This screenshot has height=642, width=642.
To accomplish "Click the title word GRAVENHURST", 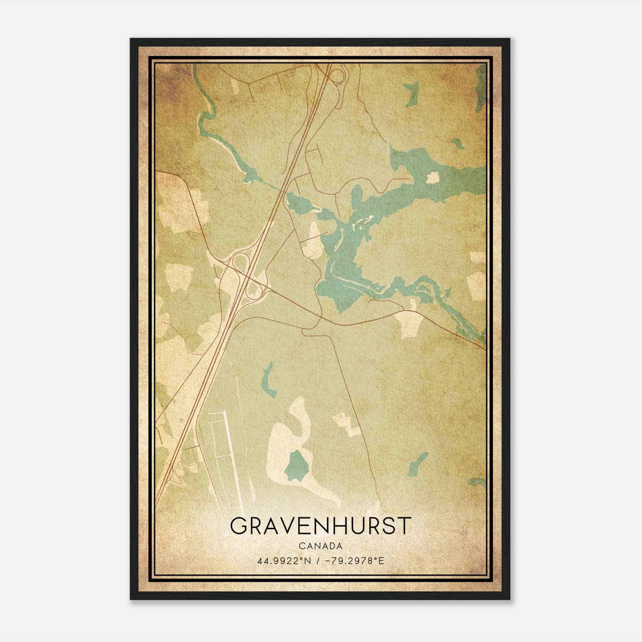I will pyautogui.click(x=321, y=526).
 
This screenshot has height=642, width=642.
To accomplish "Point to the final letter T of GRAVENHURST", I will pyautogui.click(x=405, y=526).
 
